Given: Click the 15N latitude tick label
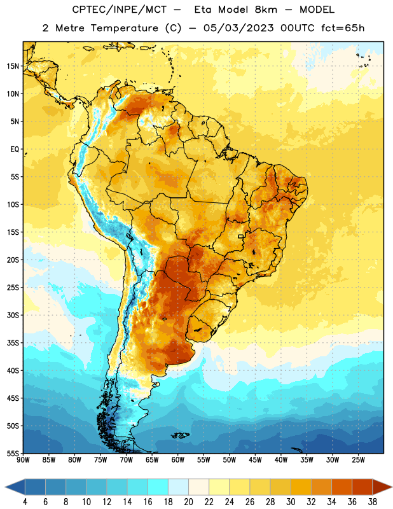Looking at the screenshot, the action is pyautogui.click(x=13, y=66).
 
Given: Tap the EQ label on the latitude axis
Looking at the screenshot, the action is pyautogui.click(x=15, y=150).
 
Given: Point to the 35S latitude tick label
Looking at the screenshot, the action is pyautogui.click(x=13, y=343).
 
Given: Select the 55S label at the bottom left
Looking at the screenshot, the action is pyautogui.click(x=13, y=453).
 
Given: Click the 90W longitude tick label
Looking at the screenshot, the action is pyautogui.click(x=23, y=460).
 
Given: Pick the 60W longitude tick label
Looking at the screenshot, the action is pyautogui.click(x=178, y=460).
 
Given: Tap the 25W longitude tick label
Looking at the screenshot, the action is pyautogui.click(x=358, y=460).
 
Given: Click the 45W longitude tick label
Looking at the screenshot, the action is pyautogui.click(x=255, y=460).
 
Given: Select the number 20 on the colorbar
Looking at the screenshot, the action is pyautogui.click(x=188, y=502).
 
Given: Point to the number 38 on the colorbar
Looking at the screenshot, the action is pyautogui.click(x=373, y=502).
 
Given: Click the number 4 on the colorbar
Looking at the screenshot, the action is pyautogui.click(x=25, y=502).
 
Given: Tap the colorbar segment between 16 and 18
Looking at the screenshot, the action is pyautogui.click(x=158, y=487).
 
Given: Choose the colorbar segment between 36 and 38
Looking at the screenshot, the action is pyautogui.click(x=362, y=487).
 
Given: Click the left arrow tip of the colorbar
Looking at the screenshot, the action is pyautogui.click(x=5, y=487).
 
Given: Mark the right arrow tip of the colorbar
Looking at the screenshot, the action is pyautogui.click(x=392, y=487).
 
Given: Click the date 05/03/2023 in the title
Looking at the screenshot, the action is pyautogui.click(x=238, y=28).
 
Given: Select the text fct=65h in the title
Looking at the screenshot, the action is pyautogui.click(x=343, y=28).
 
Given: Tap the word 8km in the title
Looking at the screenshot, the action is pyautogui.click(x=266, y=10).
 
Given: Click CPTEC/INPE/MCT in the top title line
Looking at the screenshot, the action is pyautogui.click(x=120, y=10).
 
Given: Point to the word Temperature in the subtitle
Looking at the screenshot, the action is pyautogui.click(x=124, y=28).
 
